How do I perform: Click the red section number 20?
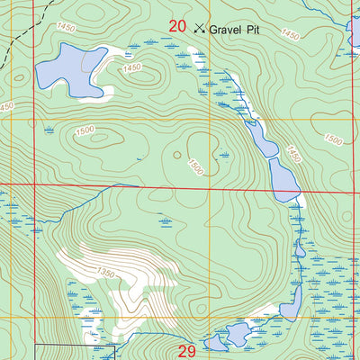click(177, 27)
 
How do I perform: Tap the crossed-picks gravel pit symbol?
click(199, 28)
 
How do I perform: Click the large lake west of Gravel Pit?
click(67, 70)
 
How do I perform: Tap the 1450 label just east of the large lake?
click(132, 68)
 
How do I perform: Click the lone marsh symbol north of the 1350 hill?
click(166, 220)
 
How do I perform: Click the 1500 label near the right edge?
click(332, 140)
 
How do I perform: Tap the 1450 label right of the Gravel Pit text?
click(289, 34)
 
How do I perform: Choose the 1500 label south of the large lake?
click(85, 131)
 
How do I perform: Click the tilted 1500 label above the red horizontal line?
click(196, 167)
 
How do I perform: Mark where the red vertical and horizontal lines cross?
click(34, 185)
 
